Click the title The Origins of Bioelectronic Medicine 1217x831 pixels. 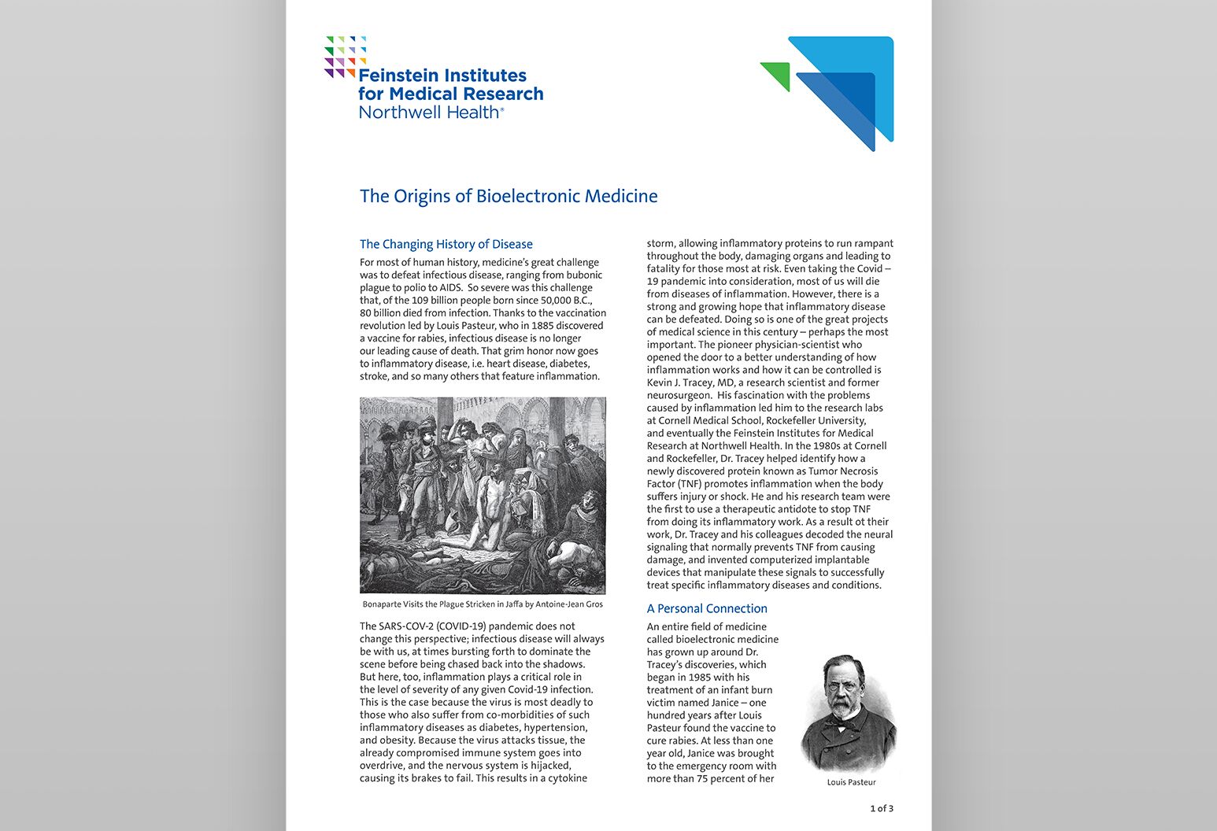509,196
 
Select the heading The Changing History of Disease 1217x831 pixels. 446,244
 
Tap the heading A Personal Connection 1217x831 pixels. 706,608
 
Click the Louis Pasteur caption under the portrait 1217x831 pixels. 851,782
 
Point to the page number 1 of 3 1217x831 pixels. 881,808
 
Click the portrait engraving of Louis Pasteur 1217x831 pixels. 848,713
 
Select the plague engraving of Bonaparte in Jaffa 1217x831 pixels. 483,495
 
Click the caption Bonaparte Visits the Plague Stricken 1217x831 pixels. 483,604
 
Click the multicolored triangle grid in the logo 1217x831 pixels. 345,57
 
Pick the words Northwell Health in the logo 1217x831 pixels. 429,112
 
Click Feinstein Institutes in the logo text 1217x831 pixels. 442,76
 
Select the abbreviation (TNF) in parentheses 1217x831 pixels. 684,484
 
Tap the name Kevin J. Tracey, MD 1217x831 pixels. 690,382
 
